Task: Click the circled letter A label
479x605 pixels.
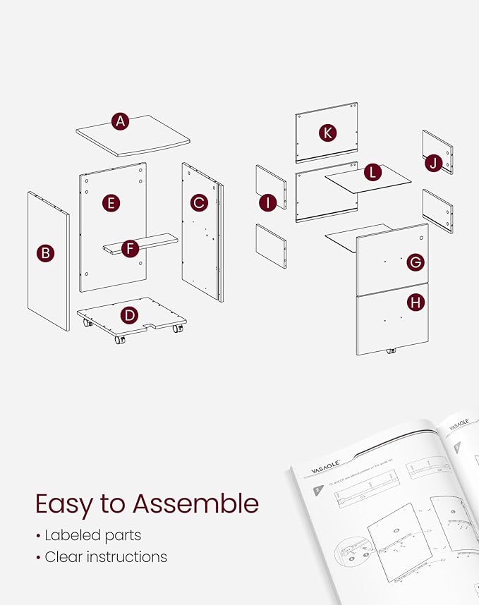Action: click(x=121, y=122)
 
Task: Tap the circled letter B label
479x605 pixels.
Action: click(x=45, y=253)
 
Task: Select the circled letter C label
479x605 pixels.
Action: click(x=199, y=203)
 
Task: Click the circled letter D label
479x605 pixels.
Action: click(x=128, y=315)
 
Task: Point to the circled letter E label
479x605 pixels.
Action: click(x=110, y=204)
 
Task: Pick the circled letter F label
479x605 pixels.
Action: click(x=129, y=248)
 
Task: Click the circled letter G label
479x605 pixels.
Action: click(x=416, y=262)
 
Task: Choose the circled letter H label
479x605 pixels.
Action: click(x=416, y=303)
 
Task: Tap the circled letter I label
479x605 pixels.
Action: click(x=267, y=203)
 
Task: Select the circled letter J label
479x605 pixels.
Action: click(x=434, y=164)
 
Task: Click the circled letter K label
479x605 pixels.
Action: click(x=327, y=133)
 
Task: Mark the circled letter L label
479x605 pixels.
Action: click(x=372, y=172)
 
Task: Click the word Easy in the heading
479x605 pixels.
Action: click(x=67, y=504)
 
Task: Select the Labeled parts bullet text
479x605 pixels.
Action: click(x=92, y=535)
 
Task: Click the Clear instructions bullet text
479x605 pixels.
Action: click(x=106, y=557)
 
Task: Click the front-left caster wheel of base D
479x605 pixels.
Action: click(x=119, y=339)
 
